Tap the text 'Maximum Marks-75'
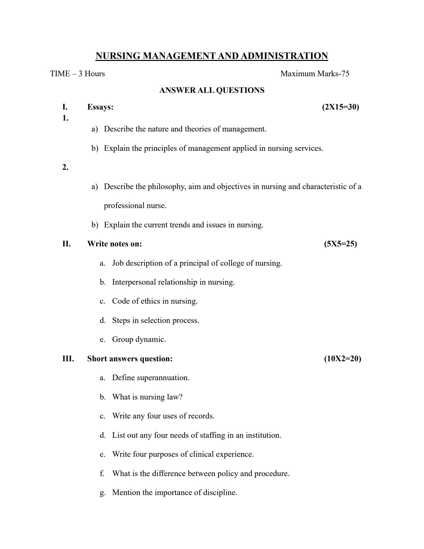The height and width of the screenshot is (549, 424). (x=315, y=74)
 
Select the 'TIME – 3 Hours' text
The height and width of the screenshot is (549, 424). (x=77, y=74)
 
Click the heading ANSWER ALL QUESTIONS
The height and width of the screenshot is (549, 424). (x=212, y=90)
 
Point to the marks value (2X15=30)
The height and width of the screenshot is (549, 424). (x=340, y=107)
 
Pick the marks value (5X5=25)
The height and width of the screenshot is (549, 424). (x=340, y=244)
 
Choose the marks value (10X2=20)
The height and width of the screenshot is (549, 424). (x=342, y=359)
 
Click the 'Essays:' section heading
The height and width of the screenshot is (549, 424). (x=100, y=107)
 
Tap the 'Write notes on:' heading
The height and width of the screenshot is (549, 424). (x=114, y=244)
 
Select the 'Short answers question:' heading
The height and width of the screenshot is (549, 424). (x=130, y=359)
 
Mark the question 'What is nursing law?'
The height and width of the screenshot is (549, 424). (x=147, y=397)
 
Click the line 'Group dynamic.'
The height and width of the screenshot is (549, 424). (x=139, y=340)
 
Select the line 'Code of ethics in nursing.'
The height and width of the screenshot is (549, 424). (x=155, y=301)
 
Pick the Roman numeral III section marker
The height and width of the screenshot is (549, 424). (x=68, y=359)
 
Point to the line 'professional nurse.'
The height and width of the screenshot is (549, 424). (x=135, y=206)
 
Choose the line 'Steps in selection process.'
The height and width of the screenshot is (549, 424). (x=155, y=321)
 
